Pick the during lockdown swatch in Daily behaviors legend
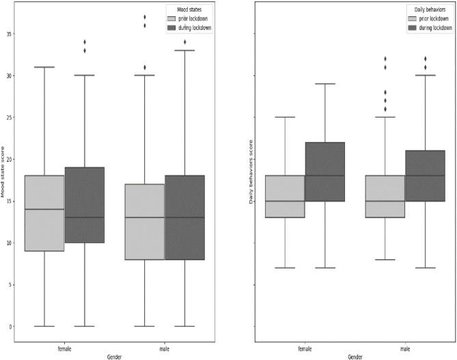[x=411, y=27]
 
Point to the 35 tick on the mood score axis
[x=9, y=33]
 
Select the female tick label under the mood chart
[x=64, y=348]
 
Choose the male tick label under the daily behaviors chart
[x=405, y=348]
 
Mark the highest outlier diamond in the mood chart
[x=144, y=17]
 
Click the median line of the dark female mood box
[x=84, y=217]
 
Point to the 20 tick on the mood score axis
[x=9, y=159]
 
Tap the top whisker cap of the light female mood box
[x=44, y=67]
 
